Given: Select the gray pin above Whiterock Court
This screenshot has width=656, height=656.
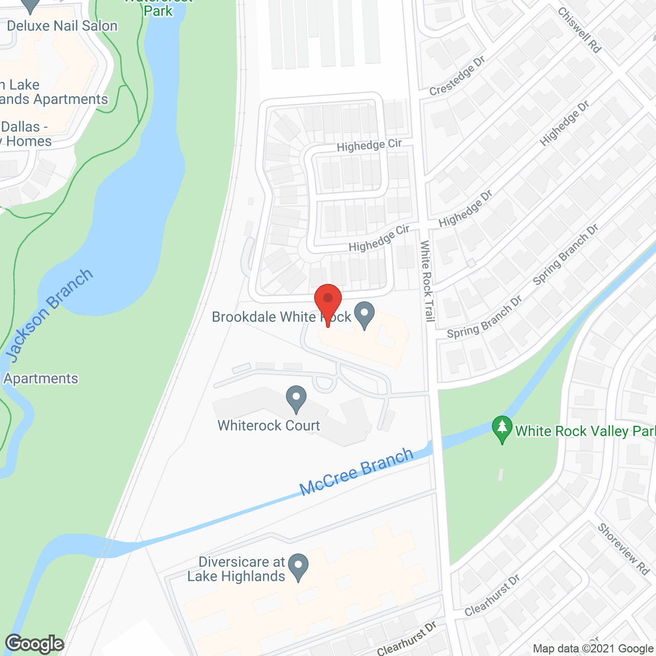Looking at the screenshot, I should [x=296, y=398].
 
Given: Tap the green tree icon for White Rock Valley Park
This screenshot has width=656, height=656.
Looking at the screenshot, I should [x=502, y=429].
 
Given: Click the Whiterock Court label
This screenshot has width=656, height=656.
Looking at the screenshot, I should [x=269, y=425].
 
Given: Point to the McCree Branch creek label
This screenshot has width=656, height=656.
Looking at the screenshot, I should [x=357, y=471].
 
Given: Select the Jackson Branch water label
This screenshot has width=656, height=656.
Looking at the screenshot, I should [x=49, y=315].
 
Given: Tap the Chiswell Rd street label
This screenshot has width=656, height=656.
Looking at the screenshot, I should [x=579, y=30].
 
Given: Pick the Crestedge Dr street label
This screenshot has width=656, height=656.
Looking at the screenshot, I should [x=457, y=76].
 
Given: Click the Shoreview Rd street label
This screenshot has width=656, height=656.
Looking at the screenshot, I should [x=623, y=549].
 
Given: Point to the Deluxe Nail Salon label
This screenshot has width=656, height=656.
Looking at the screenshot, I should [x=62, y=26].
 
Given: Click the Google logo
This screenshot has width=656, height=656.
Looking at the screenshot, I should [x=35, y=644].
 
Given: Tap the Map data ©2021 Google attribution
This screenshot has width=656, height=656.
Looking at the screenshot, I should [x=593, y=649].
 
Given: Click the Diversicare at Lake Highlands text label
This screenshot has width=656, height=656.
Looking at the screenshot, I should [x=236, y=569].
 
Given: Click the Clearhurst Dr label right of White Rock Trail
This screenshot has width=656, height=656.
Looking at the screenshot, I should [x=492, y=595].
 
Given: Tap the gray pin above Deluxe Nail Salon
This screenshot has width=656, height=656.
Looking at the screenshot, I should [x=31, y=5].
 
